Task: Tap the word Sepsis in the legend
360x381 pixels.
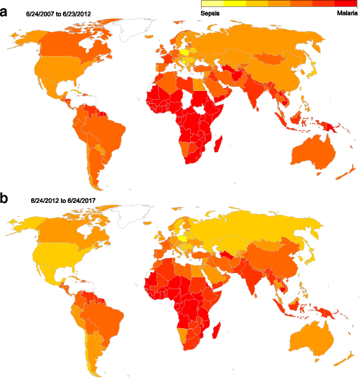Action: point(211,13)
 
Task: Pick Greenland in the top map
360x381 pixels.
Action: point(139,32)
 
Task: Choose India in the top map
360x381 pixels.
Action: point(260,92)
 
